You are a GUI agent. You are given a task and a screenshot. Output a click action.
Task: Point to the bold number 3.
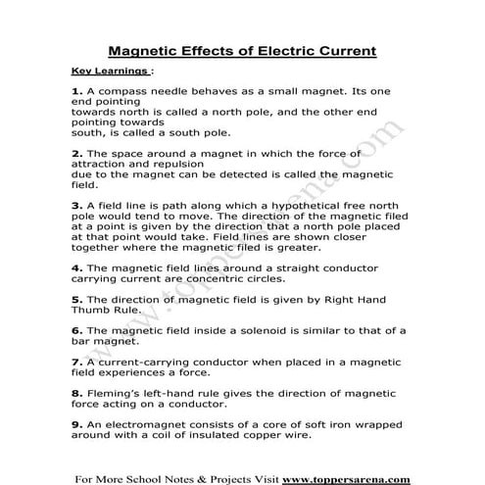pos(76,205)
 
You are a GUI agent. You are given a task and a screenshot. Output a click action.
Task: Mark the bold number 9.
pos(76,423)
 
